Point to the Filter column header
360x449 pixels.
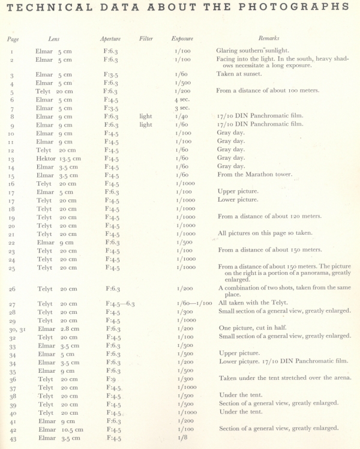pos(146,39)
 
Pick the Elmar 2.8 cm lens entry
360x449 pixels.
pos(58,329)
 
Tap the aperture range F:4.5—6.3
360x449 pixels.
pos(120,304)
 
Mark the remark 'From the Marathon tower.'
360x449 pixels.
pos(256,175)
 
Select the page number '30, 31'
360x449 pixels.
pos(14,330)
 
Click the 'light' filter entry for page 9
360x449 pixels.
pos(146,125)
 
